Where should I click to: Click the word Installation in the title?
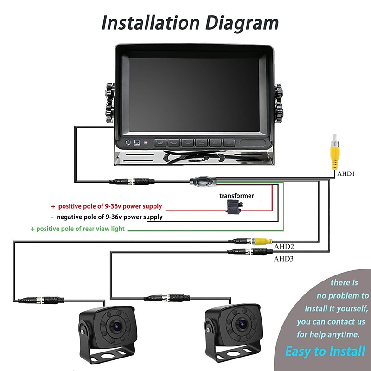click(x=149, y=23)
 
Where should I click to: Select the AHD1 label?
click(x=345, y=173)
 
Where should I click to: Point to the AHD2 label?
click(x=284, y=247)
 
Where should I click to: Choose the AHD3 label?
click(x=284, y=259)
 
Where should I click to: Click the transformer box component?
click(x=235, y=207)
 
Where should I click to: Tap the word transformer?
click(x=237, y=196)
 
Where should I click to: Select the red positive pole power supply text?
click(x=106, y=206)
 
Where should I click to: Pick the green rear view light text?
click(x=77, y=229)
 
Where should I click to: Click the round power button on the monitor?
click(x=128, y=142)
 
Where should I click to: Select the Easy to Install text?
click(x=325, y=351)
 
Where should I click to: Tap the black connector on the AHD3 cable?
click(x=250, y=252)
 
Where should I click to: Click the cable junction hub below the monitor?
click(x=202, y=180)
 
